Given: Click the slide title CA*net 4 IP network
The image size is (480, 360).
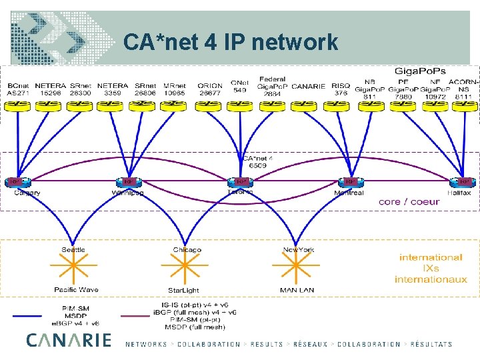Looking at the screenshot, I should [x=231, y=43].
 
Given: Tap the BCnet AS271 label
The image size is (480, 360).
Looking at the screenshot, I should [x=18, y=89].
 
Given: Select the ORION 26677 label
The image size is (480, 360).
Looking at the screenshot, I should [x=210, y=89].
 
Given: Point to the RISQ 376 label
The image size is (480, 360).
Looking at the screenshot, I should [x=341, y=89].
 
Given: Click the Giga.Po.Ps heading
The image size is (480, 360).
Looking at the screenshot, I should [x=421, y=70].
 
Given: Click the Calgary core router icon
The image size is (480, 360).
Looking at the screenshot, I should [x=15, y=181].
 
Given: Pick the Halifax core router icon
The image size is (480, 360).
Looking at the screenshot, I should [x=464, y=181].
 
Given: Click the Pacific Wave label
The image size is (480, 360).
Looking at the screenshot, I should [x=76, y=290].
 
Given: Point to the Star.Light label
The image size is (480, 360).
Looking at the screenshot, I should [x=183, y=291].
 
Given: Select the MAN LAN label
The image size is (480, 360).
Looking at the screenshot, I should [x=297, y=291].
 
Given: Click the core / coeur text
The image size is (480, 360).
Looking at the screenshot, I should [x=409, y=201].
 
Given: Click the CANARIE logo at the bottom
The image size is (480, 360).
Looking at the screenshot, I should [x=69, y=340].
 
